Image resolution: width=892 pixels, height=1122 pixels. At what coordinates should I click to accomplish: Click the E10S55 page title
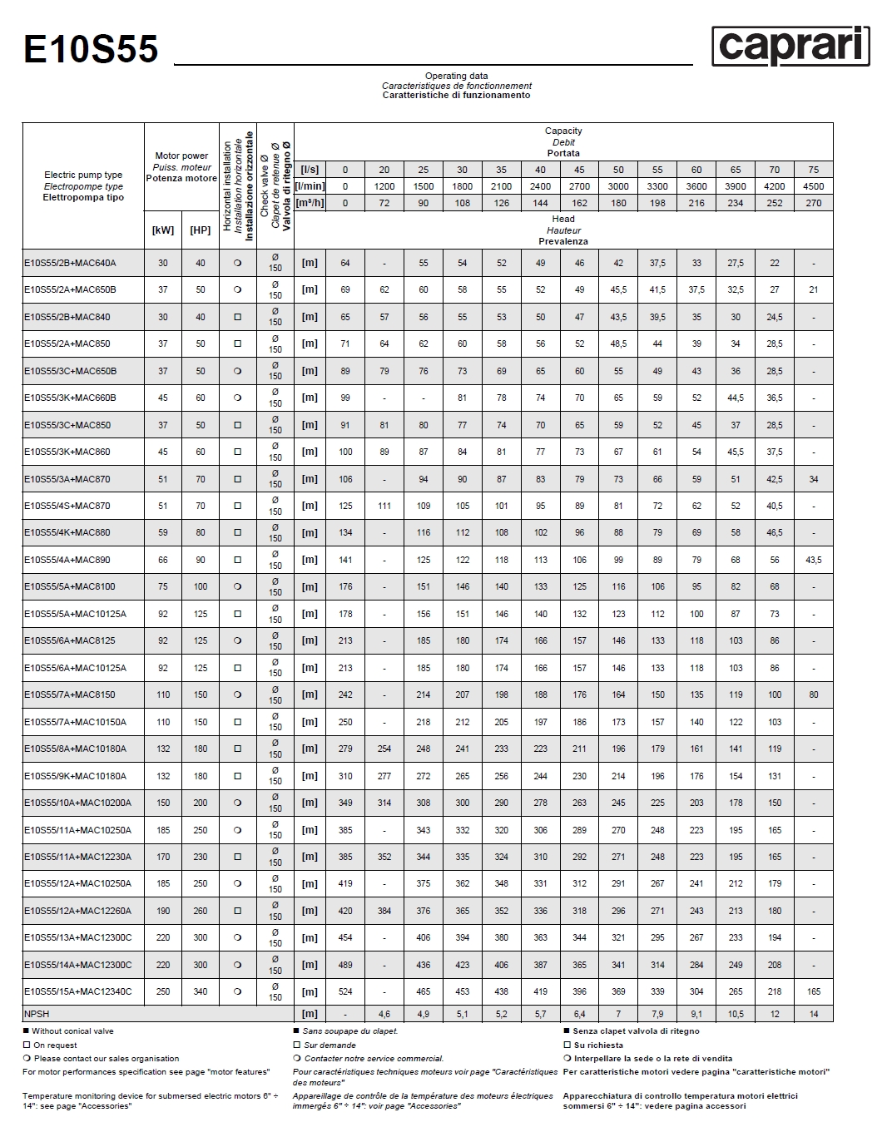pyautogui.click(x=91, y=49)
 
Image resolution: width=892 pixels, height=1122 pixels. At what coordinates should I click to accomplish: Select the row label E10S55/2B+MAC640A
pyautogui.click(x=70, y=263)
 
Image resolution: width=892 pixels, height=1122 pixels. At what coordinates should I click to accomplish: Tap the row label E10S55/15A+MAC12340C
pyautogui.click(x=78, y=991)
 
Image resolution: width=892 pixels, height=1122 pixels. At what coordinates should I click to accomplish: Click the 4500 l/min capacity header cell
pyautogui.click(x=813, y=186)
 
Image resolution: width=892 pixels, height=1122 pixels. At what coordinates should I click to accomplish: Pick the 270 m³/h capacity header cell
pyautogui.click(x=813, y=203)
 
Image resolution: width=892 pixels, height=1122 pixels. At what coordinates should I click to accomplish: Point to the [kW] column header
pyautogui.click(x=163, y=230)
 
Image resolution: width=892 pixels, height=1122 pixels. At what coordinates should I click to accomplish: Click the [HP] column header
pyautogui.click(x=201, y=230)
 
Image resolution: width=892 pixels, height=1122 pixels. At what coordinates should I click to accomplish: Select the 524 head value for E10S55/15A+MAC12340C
pyautogui.click(x=345, y=991)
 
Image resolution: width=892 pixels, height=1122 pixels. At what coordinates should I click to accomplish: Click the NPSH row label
pyautogui.click(x=37, y=1014)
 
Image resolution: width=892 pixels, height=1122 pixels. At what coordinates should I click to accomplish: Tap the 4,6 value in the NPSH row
pyautogui.click(x=384, y=1014)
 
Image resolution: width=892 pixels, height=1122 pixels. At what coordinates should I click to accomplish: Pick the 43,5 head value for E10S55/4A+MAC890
pyautogui.click(x=813, y=560)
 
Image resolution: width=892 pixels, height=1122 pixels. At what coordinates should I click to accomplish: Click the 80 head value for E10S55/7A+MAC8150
pyautogui.click(x=813, y=694)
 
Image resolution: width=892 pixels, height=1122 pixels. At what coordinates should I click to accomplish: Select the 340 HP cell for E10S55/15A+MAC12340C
pyautogui.click(x=201, y=991)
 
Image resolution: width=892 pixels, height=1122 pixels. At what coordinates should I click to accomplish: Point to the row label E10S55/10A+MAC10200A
pyautogui.click(x=78, y=803)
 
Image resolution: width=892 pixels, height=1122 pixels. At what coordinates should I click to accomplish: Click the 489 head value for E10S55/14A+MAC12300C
pyautogui.click(x=345, y=965)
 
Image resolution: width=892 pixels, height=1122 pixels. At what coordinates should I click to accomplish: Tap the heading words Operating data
pyautogui.click(x=456, y=76)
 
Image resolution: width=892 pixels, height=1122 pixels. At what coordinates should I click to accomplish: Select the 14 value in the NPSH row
pyautogui.click(x=813, y=1014)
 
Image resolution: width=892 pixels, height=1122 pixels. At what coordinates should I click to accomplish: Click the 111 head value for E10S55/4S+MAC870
pyautogui.click(x=384, y=506)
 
